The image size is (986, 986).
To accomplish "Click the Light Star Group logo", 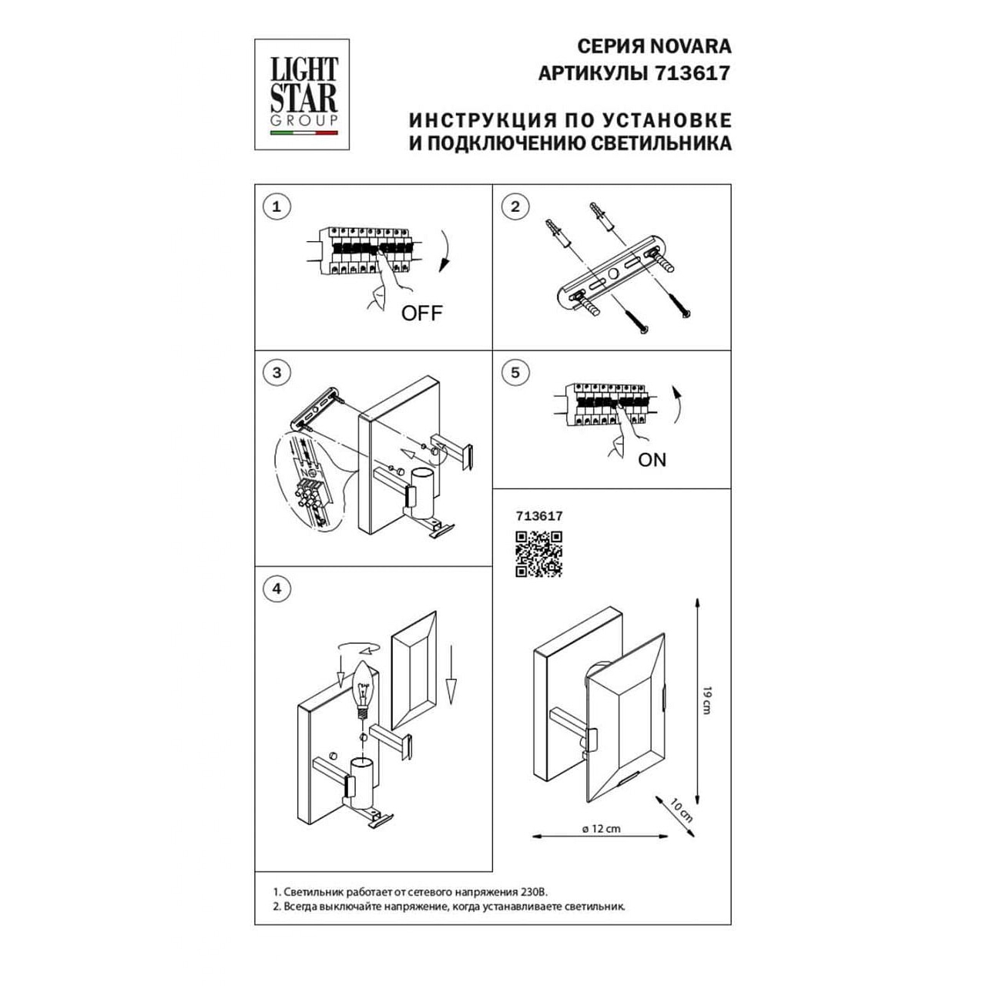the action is tap(302, 95).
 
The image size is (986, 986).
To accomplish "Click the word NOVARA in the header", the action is tap(690, 46).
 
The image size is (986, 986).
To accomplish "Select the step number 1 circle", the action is tap(277, 206).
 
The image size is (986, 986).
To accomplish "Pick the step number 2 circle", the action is tap(515, 206).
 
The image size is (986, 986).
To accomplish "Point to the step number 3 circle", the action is tap(277, 373).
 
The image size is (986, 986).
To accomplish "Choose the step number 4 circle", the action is tap(277, 589).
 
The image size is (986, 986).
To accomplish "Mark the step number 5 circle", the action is tap(515, 373).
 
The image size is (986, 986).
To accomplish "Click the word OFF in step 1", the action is tap(421, 314).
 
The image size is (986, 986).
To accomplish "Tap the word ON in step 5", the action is tap(652, 460).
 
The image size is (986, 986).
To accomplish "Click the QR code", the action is tap(538, 554).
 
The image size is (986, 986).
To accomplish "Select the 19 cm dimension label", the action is tap(706, 700).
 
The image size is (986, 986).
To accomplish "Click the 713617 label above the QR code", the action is tap(538, 516).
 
